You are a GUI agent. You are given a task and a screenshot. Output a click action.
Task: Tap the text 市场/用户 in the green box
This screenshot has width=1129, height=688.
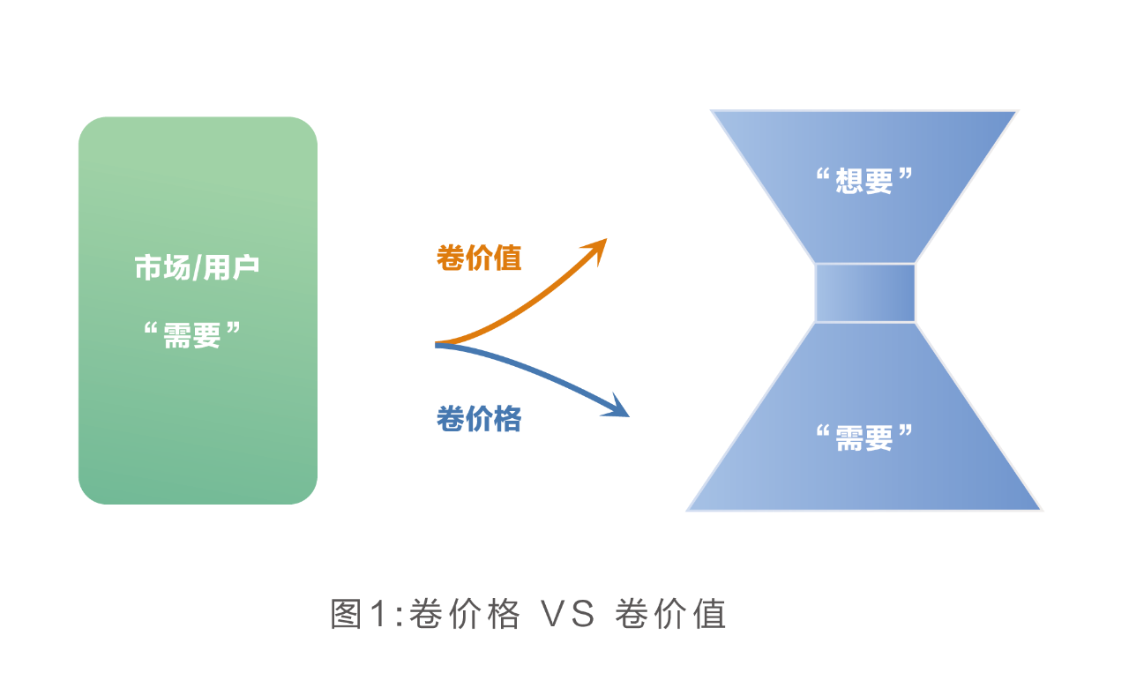[197, 268]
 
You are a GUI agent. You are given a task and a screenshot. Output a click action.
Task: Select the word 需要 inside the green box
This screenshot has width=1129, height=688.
[191, 334]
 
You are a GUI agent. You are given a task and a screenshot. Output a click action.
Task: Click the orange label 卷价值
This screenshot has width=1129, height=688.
[479, 258]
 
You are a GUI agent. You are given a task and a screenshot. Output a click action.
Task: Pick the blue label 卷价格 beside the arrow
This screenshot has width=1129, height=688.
[479, 419]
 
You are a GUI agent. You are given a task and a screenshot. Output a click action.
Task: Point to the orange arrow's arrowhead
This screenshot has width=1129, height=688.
[601, 244]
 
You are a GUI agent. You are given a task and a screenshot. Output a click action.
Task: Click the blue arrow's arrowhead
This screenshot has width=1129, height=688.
[622, 409]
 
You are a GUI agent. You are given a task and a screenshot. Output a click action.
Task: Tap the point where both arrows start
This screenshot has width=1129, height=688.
[437, 345]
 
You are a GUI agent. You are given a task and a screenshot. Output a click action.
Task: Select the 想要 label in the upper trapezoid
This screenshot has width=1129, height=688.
[864, 181]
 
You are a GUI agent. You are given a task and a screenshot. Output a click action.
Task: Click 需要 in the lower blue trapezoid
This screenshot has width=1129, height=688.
[864, 436]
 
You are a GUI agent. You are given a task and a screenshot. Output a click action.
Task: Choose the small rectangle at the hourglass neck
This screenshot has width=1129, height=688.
[864, 293]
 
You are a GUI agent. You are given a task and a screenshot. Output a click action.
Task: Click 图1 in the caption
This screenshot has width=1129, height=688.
[358, 614]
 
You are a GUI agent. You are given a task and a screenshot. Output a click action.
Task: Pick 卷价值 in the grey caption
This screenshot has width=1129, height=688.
[670, 614]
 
